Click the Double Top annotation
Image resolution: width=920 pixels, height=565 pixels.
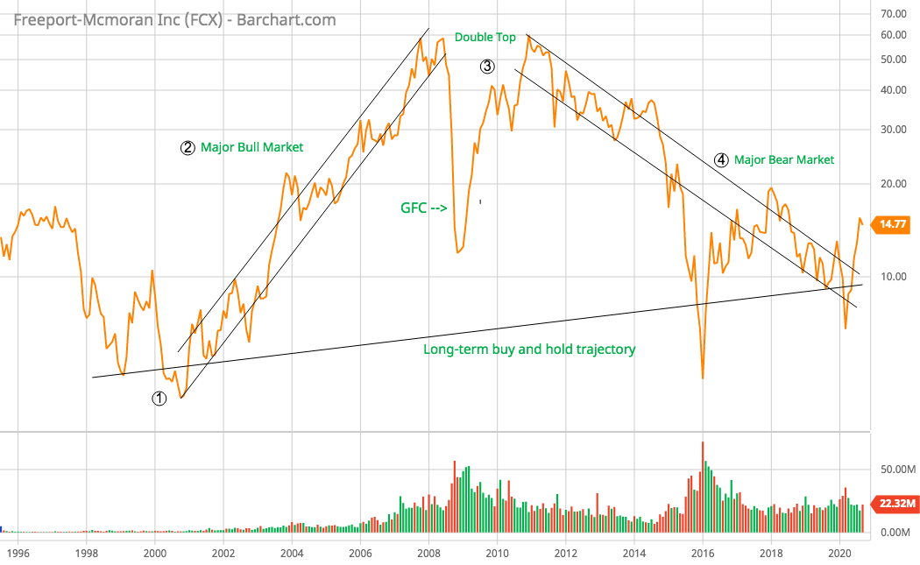(485, 38)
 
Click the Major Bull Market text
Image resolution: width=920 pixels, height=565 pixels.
(251, 147)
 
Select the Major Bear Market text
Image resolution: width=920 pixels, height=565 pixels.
(783, 159)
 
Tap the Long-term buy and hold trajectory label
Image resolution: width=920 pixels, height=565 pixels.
(529, 350)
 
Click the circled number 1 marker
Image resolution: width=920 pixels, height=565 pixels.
(159, 399)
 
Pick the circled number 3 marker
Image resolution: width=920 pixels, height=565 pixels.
(487, 67)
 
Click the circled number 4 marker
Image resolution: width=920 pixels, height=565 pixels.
(720, 159)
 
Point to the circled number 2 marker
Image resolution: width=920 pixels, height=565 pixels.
(188, 147)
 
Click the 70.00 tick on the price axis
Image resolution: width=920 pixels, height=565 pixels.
(893, 14)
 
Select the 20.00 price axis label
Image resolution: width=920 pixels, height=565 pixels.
(893, 184)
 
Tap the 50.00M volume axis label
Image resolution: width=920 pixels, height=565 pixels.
(896, 470)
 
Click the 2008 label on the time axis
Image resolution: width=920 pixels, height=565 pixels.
(428, 553)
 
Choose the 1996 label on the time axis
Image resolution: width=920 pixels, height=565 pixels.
(18, 553)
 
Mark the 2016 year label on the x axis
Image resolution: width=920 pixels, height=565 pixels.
(703, 553)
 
